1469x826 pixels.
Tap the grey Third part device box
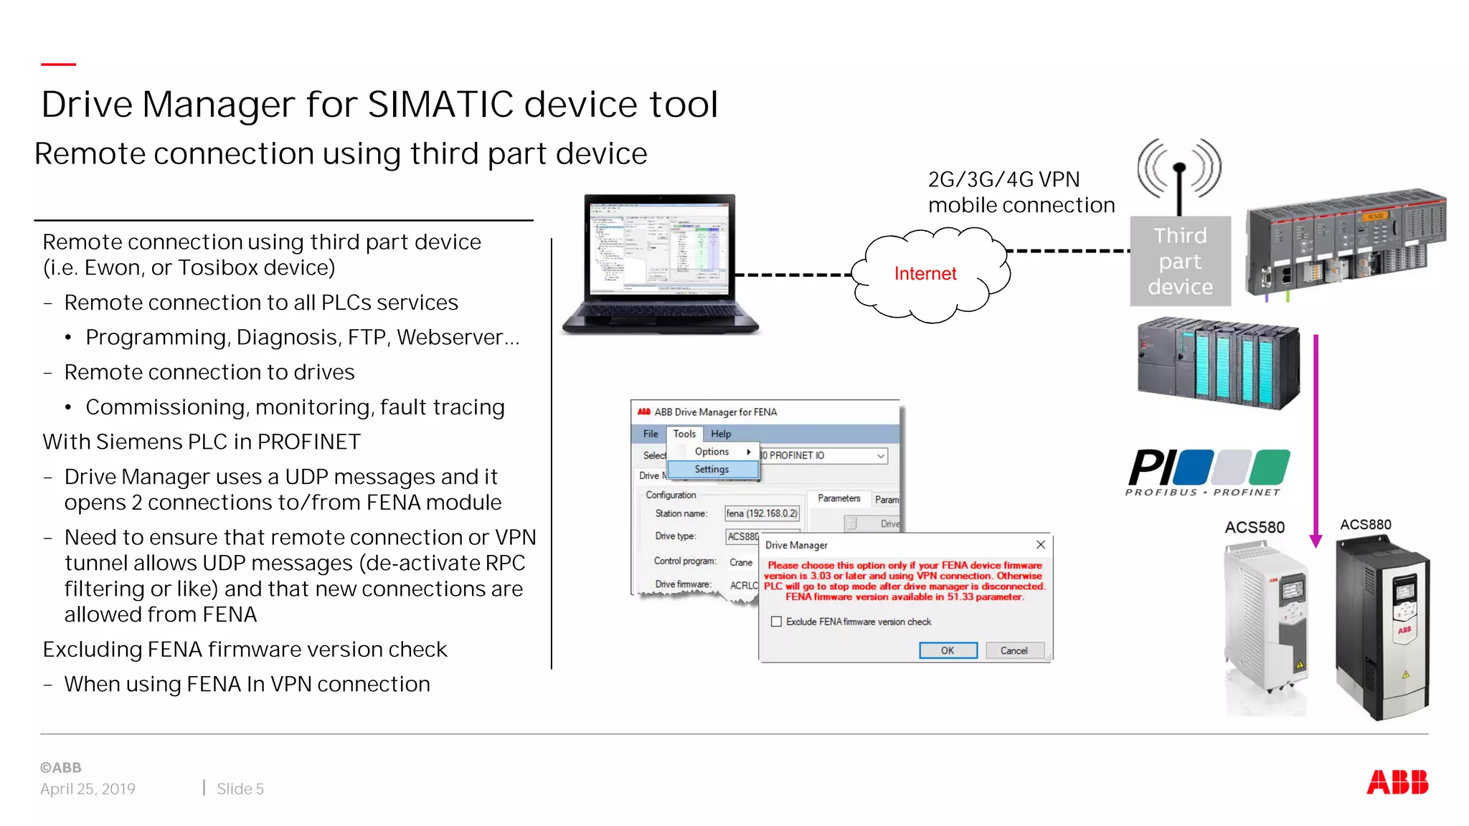click(x=1180, y=261)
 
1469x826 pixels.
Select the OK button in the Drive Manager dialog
click(x=948, y=650)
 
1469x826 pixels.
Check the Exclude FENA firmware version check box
click(x=776, y=622)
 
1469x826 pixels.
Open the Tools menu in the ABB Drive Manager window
click(x=684, y=434)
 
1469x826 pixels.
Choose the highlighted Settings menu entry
click(x=712, y=469)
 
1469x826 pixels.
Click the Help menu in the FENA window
click(x=721, y=434)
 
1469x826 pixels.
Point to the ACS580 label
click(x=1255, y=527)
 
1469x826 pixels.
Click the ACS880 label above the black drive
click(x=1366, y=524)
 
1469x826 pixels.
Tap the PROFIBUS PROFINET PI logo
click(x=1209, y=472)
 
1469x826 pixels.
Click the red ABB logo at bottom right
click(x=1397, y=782)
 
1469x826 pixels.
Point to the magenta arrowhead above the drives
click(x=1316, y=540)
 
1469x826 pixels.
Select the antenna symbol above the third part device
click(x=1179, y=172)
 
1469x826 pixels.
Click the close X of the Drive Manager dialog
click(x=1040, y=545)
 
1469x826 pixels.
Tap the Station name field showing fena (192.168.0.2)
click(x=762, y=513)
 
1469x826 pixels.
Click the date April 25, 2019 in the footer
click(x=88, y=789)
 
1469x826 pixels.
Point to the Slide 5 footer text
click(x=240, y=789)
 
